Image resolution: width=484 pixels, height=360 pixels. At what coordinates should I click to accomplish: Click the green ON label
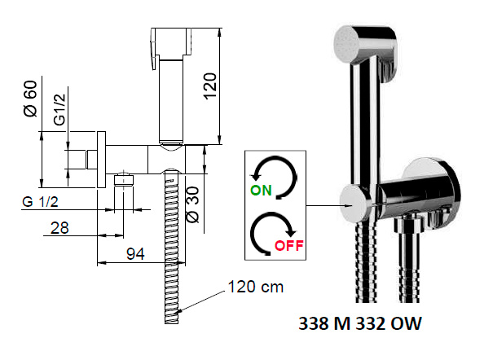point(261,190)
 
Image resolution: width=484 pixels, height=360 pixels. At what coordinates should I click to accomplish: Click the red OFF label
point(289,245)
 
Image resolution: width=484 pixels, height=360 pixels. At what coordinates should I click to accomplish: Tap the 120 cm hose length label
point(256,288)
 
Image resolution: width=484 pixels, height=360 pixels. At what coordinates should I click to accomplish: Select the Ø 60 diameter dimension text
point(31,99)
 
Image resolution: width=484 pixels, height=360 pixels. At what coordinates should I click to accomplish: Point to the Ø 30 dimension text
point(193,204)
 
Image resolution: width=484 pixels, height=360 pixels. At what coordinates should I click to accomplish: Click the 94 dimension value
point(135,254)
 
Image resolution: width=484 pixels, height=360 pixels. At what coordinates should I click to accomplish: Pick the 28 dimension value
point(59,228)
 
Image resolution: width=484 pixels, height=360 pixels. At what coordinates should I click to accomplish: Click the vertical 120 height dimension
point(210,86)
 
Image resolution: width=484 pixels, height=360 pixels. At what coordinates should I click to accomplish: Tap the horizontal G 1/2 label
point(40,202)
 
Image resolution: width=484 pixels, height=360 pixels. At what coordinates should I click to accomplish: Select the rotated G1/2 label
point(59,110)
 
